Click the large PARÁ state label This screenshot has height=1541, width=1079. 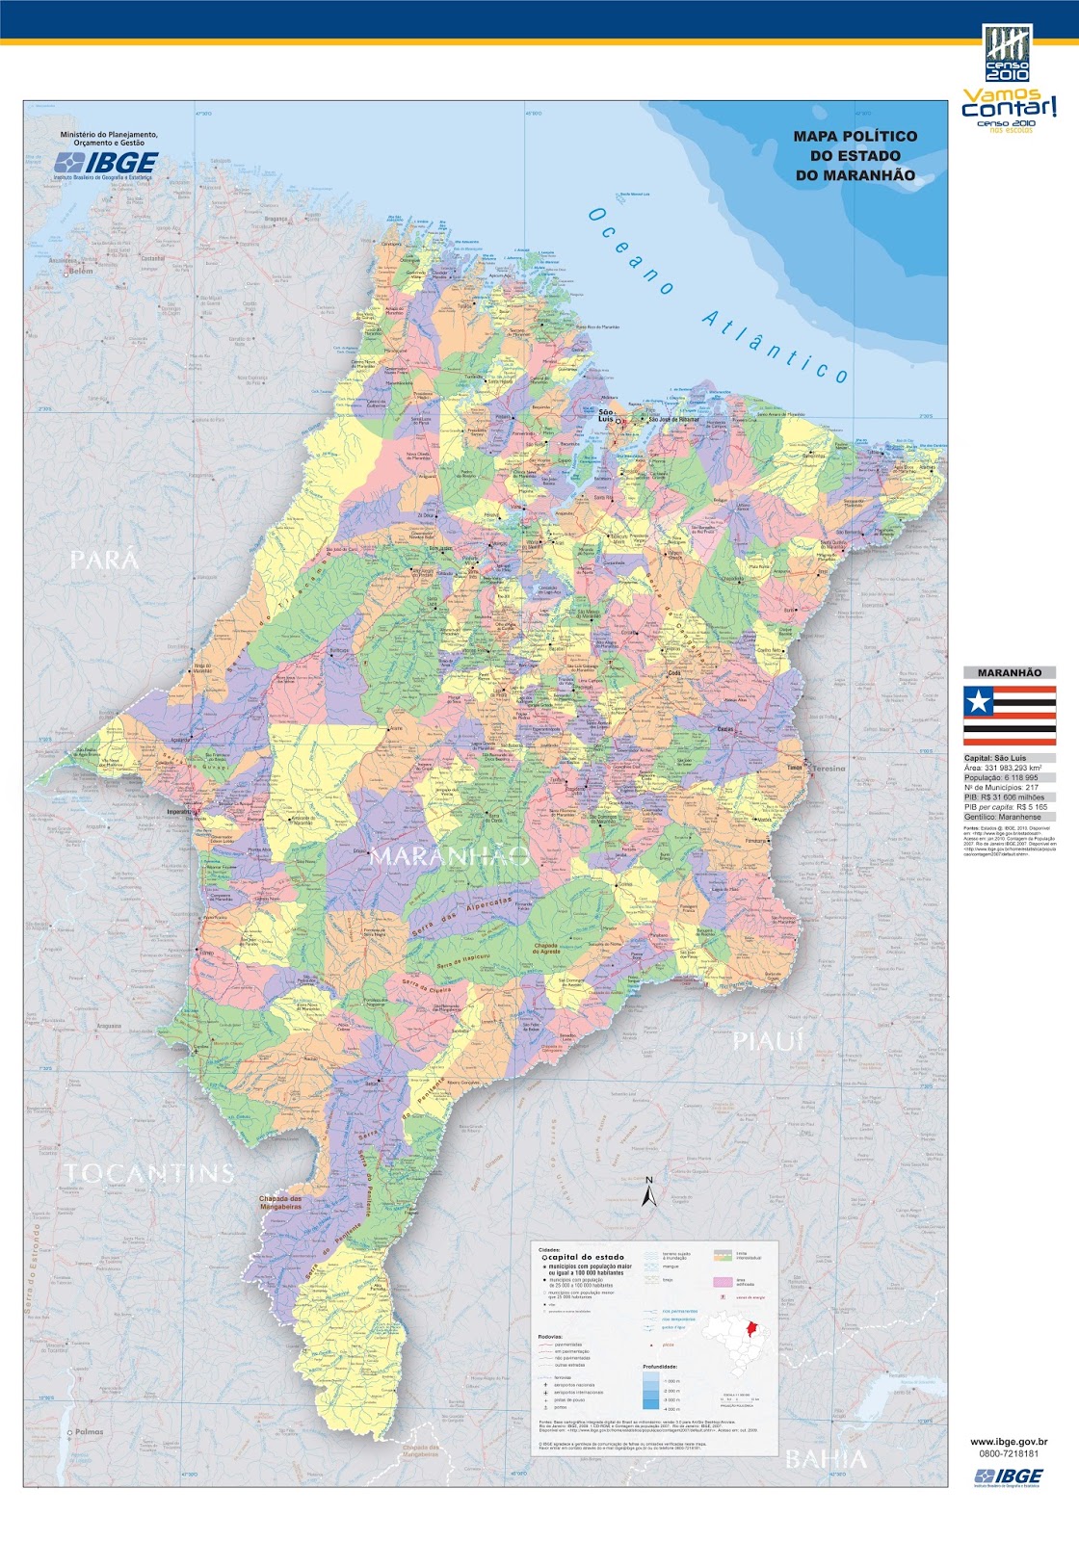pyautogui.click(x=104, y=560)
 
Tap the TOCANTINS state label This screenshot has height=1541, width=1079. pyautogui.click(x=149, y=1172)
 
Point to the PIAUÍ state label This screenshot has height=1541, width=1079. pyautogui.click(x=768, y=1041)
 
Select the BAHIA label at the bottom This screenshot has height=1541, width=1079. pyautogui.click(x=826, y=1459)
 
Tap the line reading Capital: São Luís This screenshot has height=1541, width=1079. pyautogui.click(x=995, y=758)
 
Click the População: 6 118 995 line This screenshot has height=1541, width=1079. pyautogui.click(x=1001, y=777)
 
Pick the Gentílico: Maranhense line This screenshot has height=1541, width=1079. pyautogui.click(x=1002, y=817)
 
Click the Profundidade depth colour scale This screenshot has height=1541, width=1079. pyautogui.click(x=651, y=1390)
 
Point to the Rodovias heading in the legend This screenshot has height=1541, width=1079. pyautogui.click(x=551, y=1337)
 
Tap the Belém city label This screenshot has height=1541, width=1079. pyautogui.click(x=81, y=271)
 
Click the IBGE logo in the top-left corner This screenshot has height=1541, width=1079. pyautogui.click(x=106, y=164)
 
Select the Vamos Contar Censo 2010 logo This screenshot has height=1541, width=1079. pyautogui.click(x=1008, y=82)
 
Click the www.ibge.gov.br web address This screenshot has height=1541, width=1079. pyautogui.click(x=1009, y=1442)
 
